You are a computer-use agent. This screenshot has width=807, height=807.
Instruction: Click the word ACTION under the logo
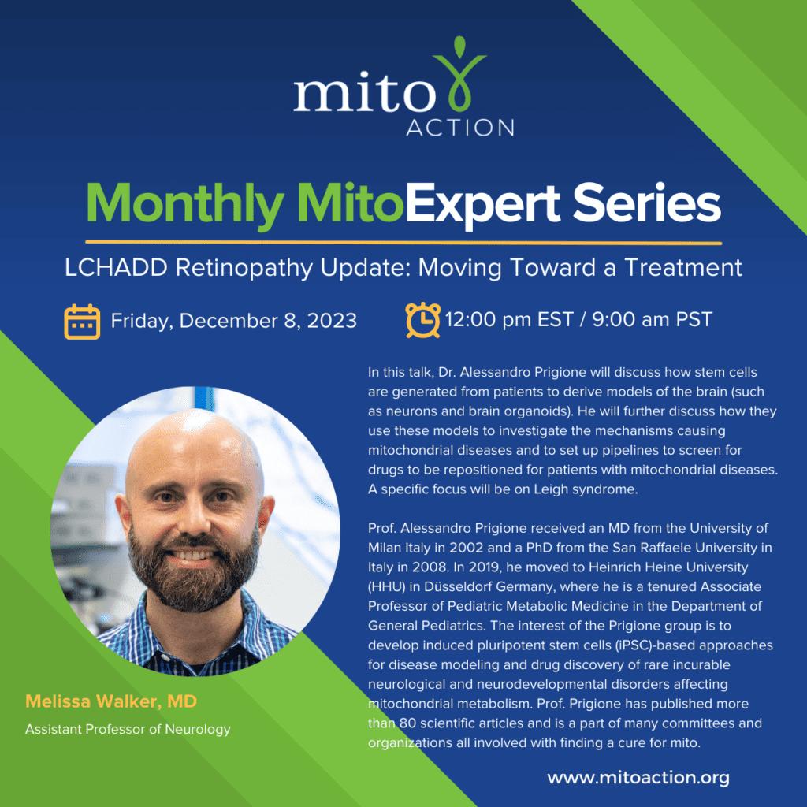pyautogui.click(x=460, y=127)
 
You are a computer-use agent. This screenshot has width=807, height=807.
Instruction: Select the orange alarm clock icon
pyautogui.click(x=423, y=319)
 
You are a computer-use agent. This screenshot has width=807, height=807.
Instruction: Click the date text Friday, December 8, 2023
pyautogui.click(x=233, y=321)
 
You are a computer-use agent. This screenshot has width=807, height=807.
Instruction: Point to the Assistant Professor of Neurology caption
pyautogui.click(x=128, y=729)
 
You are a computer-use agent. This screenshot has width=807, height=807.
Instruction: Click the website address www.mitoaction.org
pyautogui.click(x=638, y=778)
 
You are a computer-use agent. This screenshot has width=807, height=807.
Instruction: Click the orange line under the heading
pyautogui.click(x=403, y=241)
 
